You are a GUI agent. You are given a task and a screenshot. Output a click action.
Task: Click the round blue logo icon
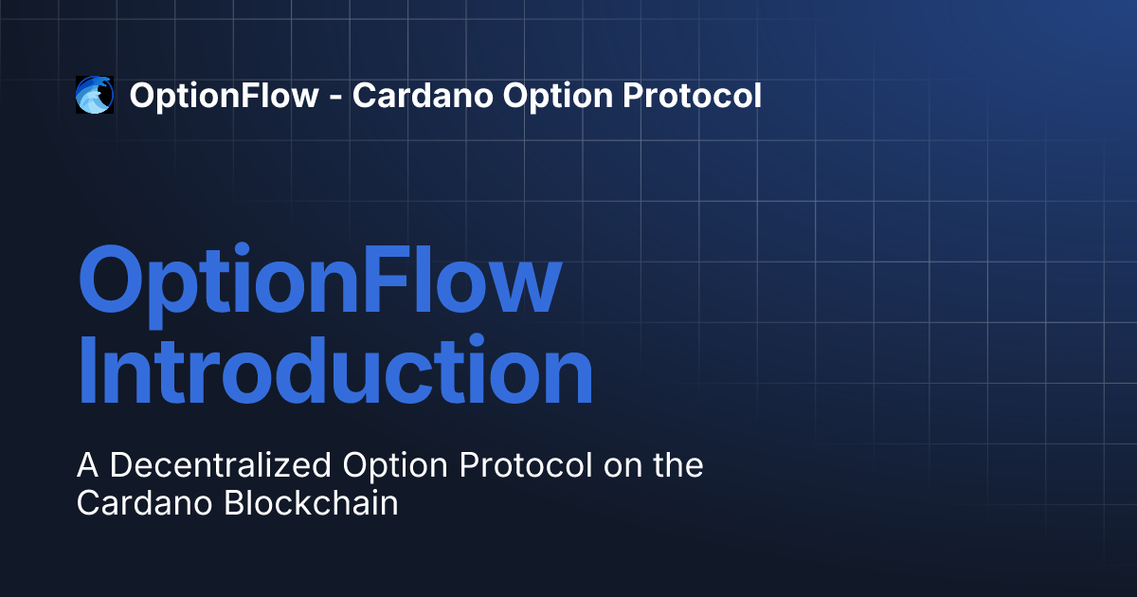click(x=95, y=95)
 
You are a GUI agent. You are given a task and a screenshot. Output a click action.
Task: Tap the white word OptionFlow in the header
click(x=224, y=96)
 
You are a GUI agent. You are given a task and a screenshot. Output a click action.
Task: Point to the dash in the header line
click(x=335, y=98)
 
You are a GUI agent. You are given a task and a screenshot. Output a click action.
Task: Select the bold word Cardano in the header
click(x=423, y=96)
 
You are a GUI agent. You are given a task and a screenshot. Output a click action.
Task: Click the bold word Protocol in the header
click(x=693, y=96)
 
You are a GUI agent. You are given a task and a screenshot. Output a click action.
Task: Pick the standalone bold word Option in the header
click(x=558, y=96)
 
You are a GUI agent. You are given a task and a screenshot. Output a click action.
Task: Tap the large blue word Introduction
click(x=335, y=369)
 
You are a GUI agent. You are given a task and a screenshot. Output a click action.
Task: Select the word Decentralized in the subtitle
click(x=220, y=465)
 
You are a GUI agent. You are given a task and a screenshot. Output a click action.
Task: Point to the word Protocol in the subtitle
click(x=525, y=465)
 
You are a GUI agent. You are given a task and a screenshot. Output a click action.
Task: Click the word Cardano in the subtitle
click(x=144, y=502)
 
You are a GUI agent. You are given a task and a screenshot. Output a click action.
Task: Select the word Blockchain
click(x=311, y=502)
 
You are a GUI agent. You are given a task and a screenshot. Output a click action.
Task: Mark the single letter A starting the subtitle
click(x=87, y=465)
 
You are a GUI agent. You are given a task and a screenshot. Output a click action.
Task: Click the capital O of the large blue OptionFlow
click(x=111, y=280)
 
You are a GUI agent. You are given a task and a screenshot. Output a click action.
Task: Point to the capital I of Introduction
click(x=86, y=369)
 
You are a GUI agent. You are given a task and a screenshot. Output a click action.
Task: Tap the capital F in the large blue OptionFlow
click(x=385, y=280)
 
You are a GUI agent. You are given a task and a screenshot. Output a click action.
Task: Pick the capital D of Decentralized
click(x=121, y=465)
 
